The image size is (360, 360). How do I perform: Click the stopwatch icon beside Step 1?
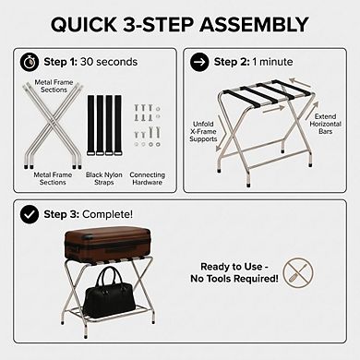30,61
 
